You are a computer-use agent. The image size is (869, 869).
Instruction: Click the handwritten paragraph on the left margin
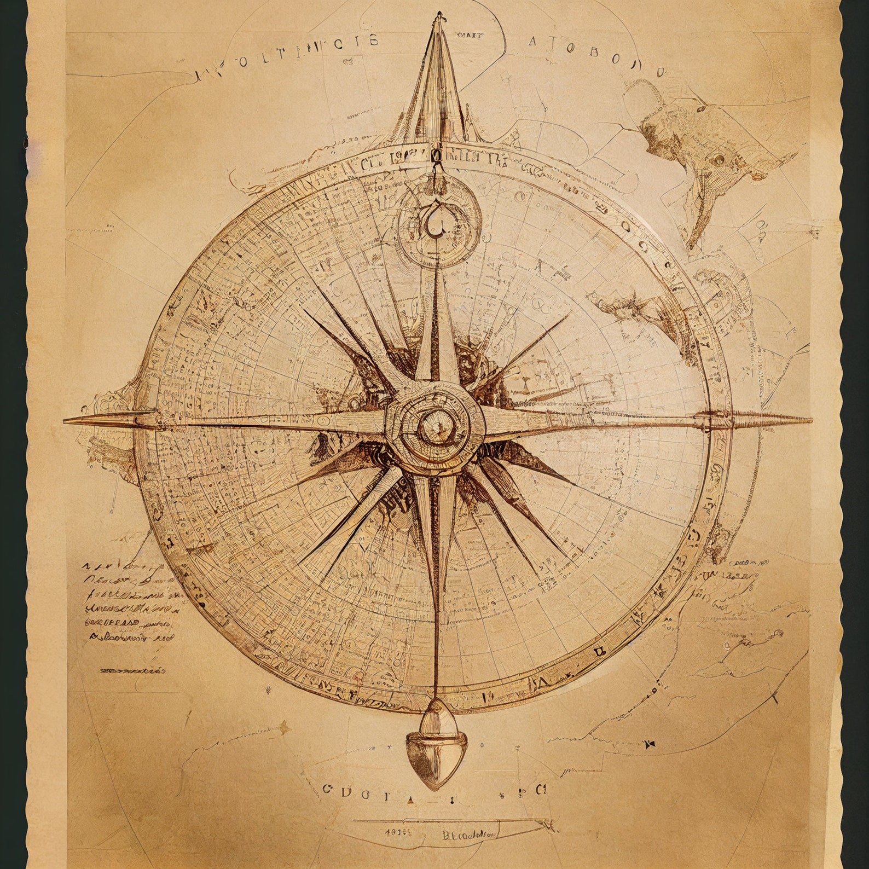tap(129, 602)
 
